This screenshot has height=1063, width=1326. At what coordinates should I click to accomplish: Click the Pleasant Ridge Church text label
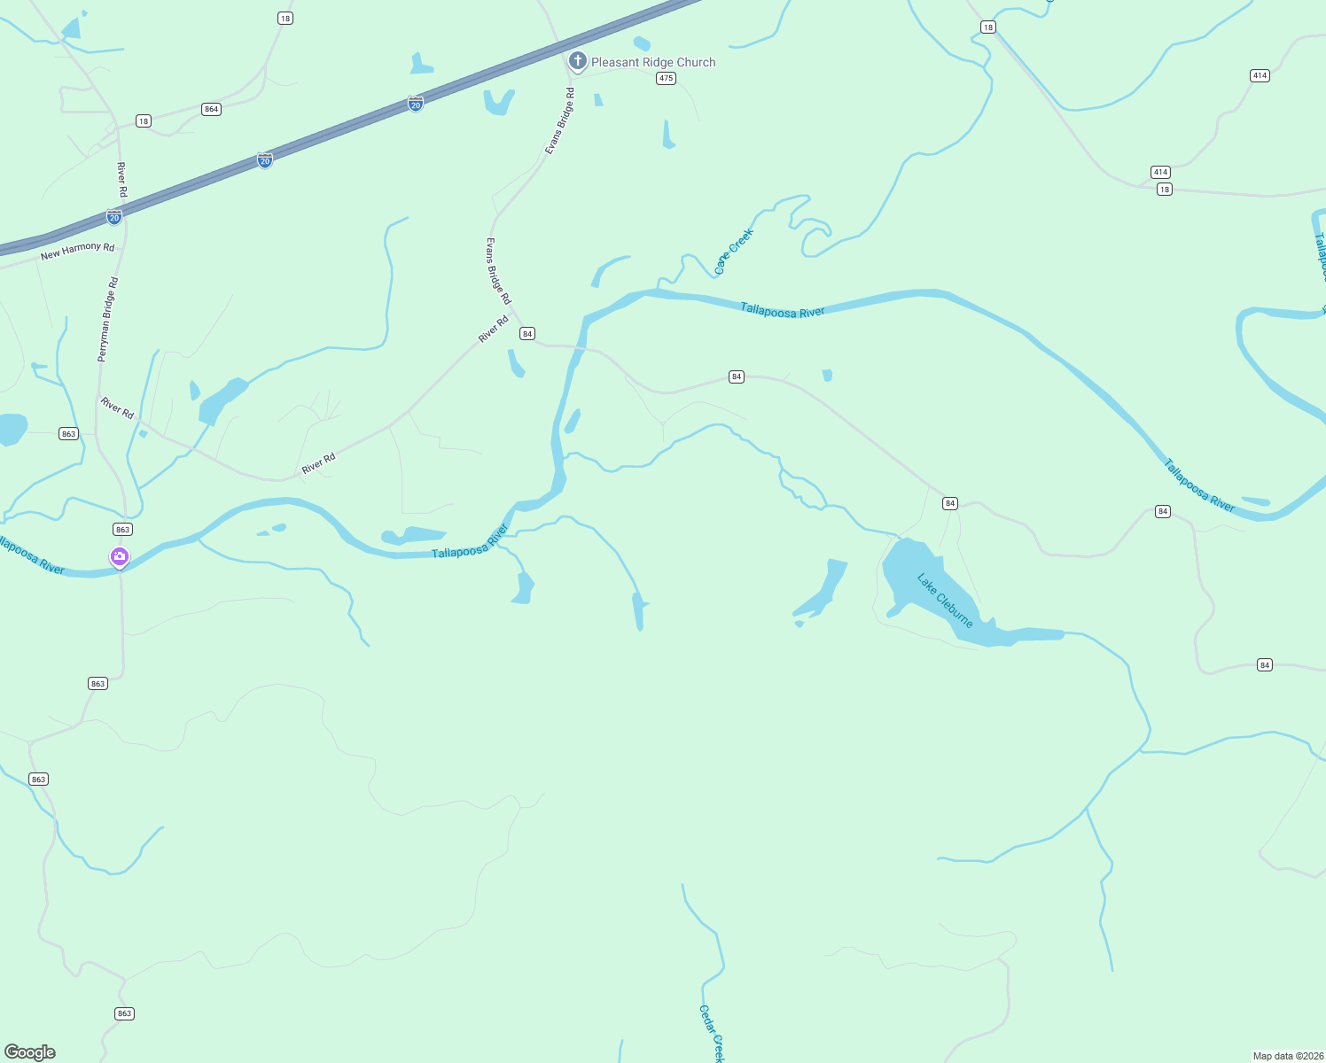[653, 62]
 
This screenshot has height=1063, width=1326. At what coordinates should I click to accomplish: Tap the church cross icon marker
[578, 61]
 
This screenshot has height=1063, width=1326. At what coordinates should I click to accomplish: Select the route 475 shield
[667, 78]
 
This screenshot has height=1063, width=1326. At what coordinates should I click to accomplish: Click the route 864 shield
[211, 109]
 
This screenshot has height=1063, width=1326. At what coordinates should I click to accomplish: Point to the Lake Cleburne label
[945, 601]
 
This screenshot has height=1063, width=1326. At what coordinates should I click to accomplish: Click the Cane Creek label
[734, 252]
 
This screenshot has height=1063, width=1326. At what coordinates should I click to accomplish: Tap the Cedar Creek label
[712, 1033]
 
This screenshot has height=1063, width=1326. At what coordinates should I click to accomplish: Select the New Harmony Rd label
[78, 251]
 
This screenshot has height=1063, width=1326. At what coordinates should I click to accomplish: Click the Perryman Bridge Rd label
[108, 320]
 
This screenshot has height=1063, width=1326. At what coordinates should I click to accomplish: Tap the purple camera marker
[120, 556]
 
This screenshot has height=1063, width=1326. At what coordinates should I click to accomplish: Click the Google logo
[30, 1052]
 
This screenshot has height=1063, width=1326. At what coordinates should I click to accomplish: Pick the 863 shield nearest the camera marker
[122, 529]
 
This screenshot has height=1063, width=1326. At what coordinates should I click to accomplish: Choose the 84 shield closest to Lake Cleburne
[950, 503]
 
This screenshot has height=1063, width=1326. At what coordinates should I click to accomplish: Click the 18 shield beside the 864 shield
[144, 120]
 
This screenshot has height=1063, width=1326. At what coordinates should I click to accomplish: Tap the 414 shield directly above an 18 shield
[1160, 172]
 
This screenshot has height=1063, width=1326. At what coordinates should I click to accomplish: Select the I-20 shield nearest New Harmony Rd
[114, 217]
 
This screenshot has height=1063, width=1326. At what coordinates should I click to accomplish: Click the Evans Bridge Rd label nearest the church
[560, 121]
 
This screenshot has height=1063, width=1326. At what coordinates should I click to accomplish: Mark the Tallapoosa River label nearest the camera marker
[33, 555]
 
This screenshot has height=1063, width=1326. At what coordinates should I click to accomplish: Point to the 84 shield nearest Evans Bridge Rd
[527, 333]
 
